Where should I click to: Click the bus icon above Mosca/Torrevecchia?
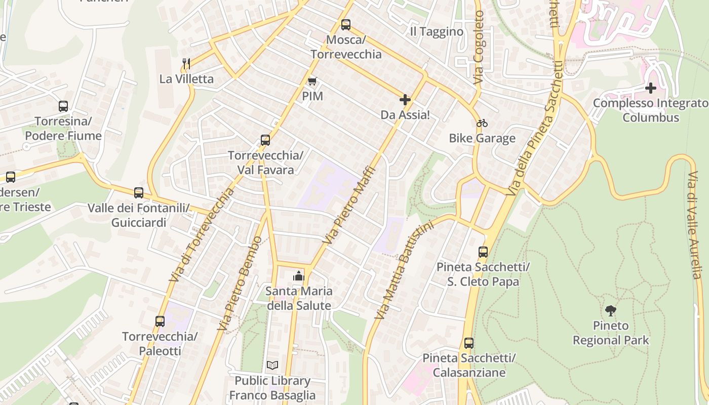pos(346,24)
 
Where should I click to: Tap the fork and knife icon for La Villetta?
pos(186,63)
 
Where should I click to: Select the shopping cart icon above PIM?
pos(312,81)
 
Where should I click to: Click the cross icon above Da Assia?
pos(405,99)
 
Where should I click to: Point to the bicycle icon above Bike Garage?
pos(482,123)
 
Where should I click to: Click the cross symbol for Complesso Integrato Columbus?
pos(651,88)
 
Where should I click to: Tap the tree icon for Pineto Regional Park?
pos(611,310)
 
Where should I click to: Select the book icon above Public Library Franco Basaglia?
pos(272,365)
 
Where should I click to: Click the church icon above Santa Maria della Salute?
pos(299,276)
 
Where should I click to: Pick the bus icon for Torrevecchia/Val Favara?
pos(265,140)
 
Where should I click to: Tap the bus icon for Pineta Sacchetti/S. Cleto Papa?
pos(483,252)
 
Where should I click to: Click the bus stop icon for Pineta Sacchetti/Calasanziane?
pos(469,343)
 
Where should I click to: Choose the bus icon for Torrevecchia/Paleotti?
pos(160,321)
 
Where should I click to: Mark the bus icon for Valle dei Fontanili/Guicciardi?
pos(139,193)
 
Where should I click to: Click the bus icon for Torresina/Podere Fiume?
pos(63,106)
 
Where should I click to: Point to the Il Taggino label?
pos(437,32)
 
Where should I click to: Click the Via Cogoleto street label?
pos(479,48)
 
